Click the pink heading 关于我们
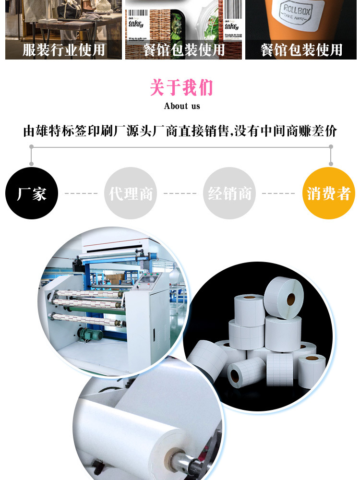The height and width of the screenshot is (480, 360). point(181,88)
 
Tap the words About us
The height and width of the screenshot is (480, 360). point(182,106)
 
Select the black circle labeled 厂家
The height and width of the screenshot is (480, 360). point(32,193)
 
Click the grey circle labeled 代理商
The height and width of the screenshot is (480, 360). point(131,193)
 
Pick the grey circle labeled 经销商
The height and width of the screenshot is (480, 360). point(229,193)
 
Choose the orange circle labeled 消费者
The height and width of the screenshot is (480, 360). point(329,193)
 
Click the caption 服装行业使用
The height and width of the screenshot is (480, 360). point(63,50)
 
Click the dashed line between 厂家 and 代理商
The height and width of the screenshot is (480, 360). point(81,194)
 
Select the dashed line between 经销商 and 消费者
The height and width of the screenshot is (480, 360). point(279,194)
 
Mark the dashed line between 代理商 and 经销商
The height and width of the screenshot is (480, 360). point(180,194)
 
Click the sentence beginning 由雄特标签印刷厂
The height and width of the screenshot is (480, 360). point(180,131)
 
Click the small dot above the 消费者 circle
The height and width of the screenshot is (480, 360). point(331,164)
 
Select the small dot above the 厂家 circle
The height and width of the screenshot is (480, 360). point(32,164)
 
